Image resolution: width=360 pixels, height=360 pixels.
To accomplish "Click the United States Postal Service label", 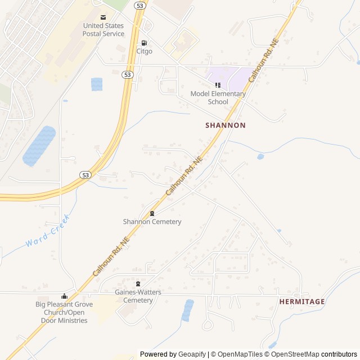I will tap(103, 30).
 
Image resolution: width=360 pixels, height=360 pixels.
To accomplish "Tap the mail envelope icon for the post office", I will tap(103, 17).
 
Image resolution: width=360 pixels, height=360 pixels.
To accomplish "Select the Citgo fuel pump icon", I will tap(144, 43).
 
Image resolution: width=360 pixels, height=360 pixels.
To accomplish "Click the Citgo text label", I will tap(144, 51).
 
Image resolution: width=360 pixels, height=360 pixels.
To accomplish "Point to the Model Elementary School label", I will tap(218, 98).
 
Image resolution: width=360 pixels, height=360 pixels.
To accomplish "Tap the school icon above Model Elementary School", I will tap(218, 85).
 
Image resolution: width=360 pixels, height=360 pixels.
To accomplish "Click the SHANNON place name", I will tap(226, 125).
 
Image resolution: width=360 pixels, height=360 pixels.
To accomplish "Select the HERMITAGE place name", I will tap(302, 301).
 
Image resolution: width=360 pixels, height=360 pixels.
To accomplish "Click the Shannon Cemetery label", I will tap(152, 222).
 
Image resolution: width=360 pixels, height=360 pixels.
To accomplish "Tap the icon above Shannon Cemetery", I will tap(152, 213).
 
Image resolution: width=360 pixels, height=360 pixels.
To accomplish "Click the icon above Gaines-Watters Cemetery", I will tap(138, 283).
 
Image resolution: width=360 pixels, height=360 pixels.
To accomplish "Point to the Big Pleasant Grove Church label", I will tap(65, 312).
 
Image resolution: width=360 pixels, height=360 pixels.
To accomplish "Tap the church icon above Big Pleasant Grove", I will tap(65, 296).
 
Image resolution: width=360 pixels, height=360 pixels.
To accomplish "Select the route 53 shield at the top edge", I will tap(140, 4).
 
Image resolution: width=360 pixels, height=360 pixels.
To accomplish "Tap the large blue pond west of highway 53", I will tap(39, 146).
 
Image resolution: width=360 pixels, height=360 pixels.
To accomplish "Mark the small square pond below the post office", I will tap(97, 84).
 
